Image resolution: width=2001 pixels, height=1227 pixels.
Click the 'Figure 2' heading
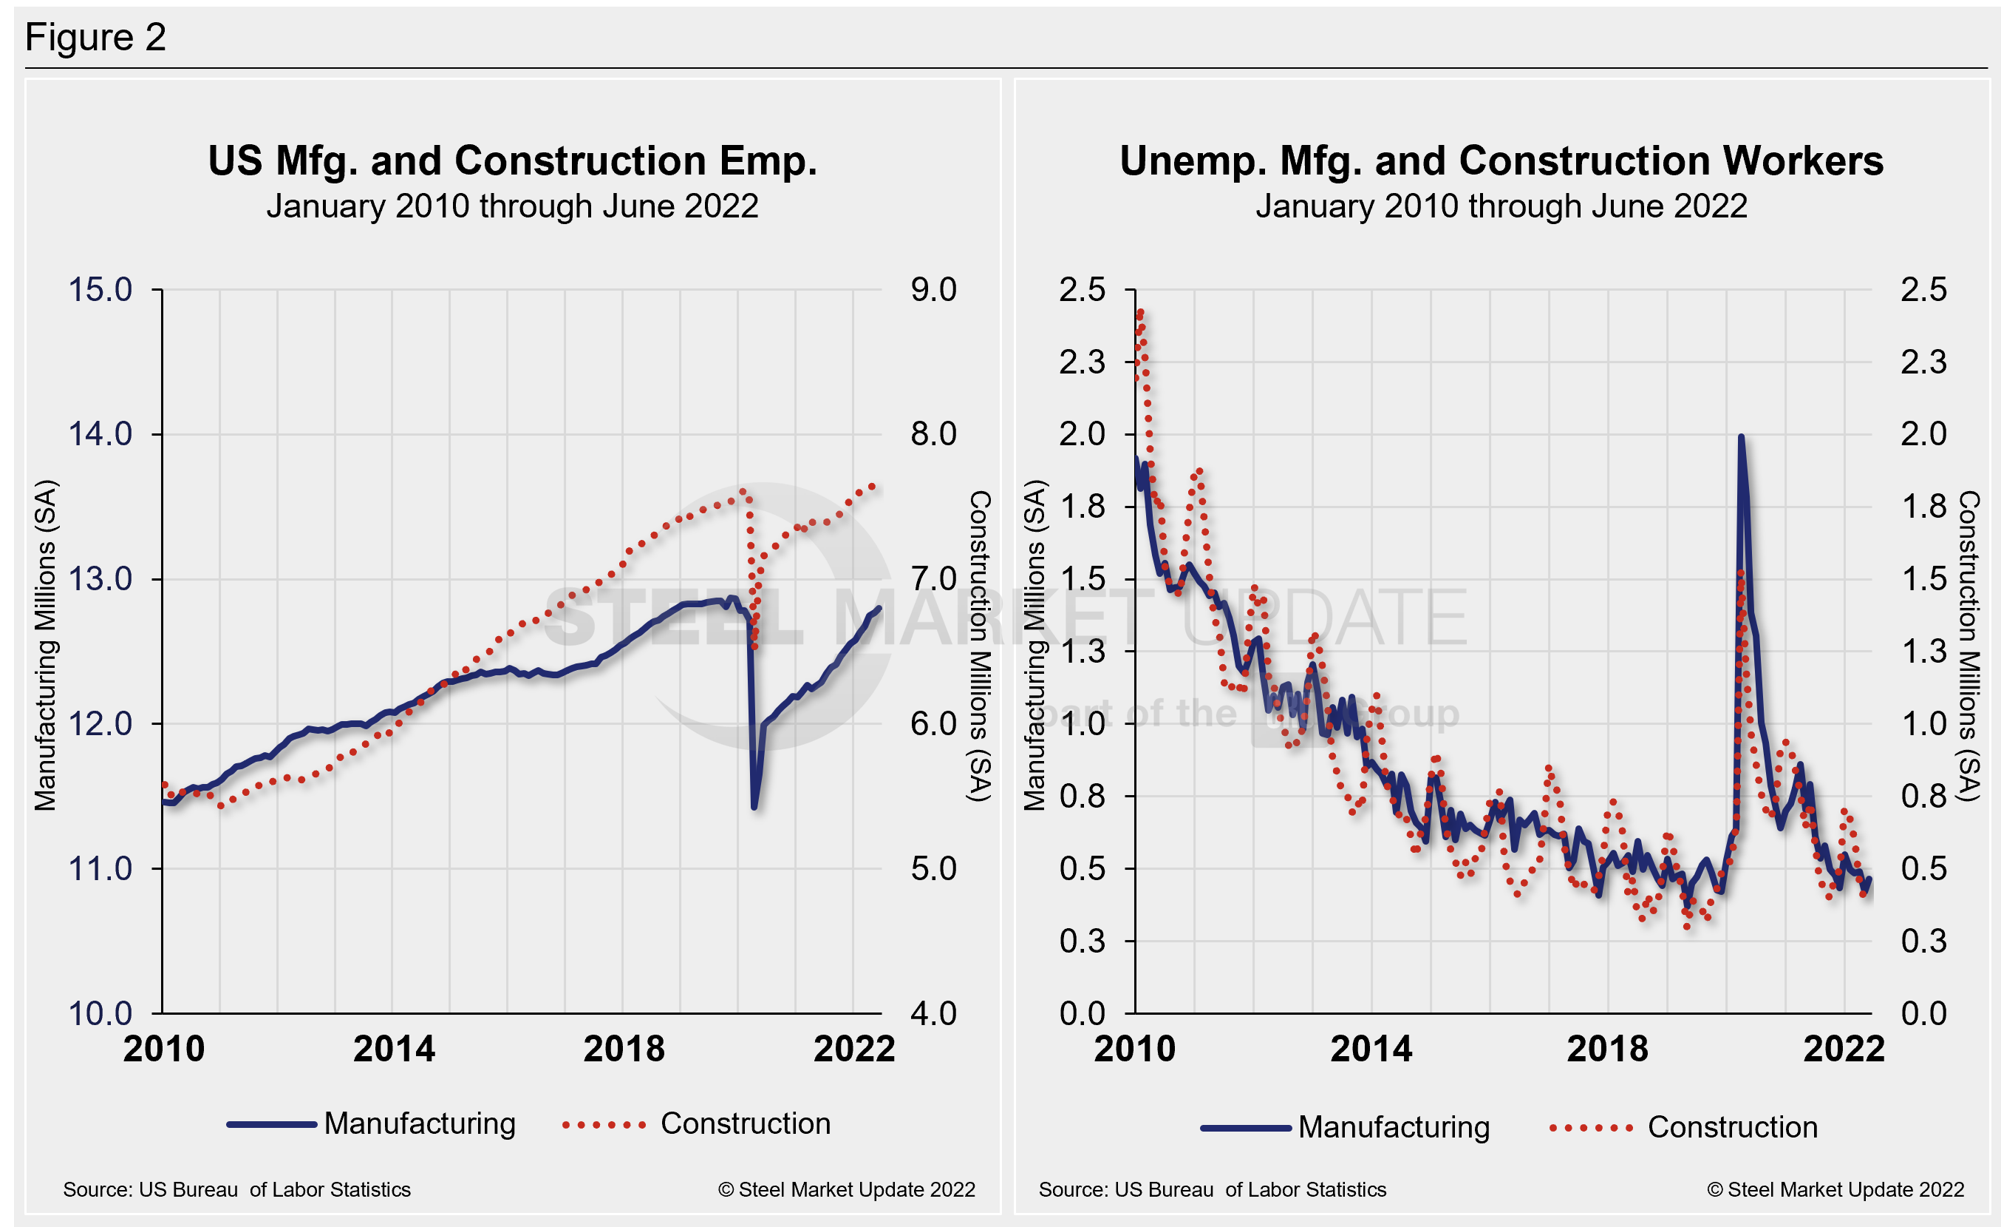pyautogui.click(x=95, y=38)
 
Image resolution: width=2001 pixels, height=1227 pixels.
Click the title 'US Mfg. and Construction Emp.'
pyautogui.click(x=512, y=161)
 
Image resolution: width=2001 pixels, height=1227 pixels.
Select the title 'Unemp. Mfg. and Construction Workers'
pyautogui.click(x=1501, y=161)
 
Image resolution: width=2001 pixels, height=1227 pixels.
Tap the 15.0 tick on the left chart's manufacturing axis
pyautogui.click(x=100, y=290)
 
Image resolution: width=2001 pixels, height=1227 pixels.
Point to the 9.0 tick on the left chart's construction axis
pyautogui.click(x=933, y=290)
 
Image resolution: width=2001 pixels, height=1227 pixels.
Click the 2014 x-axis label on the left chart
pyautogui.click(x=394, y=1048)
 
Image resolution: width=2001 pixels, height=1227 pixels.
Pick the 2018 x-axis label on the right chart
pyautogui.click(x=1607, y=1048)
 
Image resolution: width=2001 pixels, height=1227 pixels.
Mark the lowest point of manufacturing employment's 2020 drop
pyautogui.click(x=754, y=807)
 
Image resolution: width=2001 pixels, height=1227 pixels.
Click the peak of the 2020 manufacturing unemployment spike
pyautogui.click(x=1740, y=437)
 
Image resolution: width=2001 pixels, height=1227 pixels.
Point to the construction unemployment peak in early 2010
pyautogui.click(x=1140, y=312)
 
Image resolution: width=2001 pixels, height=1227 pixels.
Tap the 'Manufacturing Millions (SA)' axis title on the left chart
pyautogui.click(x=46, y=646)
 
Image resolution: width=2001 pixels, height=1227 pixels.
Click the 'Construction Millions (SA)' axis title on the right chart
pyautogui.click(x=1968, y=646)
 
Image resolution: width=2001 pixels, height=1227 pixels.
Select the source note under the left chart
pyautogui.click(x=237, y=1189)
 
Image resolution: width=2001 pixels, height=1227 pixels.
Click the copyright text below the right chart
pyautogui.click(x=1835, y=1189)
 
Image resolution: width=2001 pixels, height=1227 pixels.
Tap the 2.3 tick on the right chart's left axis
pyautogui.click(x=1082, y=362)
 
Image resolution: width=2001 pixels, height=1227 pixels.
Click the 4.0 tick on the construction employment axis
pyautogui.click(x=933, y=1013)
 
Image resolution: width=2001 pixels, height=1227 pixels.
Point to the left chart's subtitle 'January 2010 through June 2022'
pyautogui.click(x=512, y=206)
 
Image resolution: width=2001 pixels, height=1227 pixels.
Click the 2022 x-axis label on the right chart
pyautogui.click(x=1844, y=1048)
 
